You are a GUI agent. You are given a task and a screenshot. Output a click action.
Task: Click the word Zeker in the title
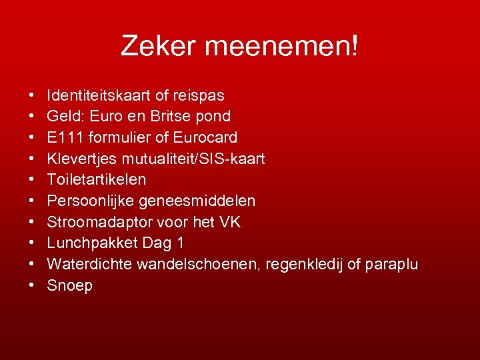click(x=159, y=46)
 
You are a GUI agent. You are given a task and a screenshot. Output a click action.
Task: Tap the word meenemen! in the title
click(x=282, y=46)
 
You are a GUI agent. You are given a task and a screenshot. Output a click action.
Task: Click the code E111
click(x=64, y=137)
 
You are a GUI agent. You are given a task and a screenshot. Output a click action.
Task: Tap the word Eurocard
click(x=205, y=137)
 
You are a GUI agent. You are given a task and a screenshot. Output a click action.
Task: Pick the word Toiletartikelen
click(x=97, y=179)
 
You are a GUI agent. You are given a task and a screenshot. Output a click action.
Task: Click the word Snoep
click(x=70, y=286)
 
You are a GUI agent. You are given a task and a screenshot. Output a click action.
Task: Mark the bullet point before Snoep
click(x=33, y=286)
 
